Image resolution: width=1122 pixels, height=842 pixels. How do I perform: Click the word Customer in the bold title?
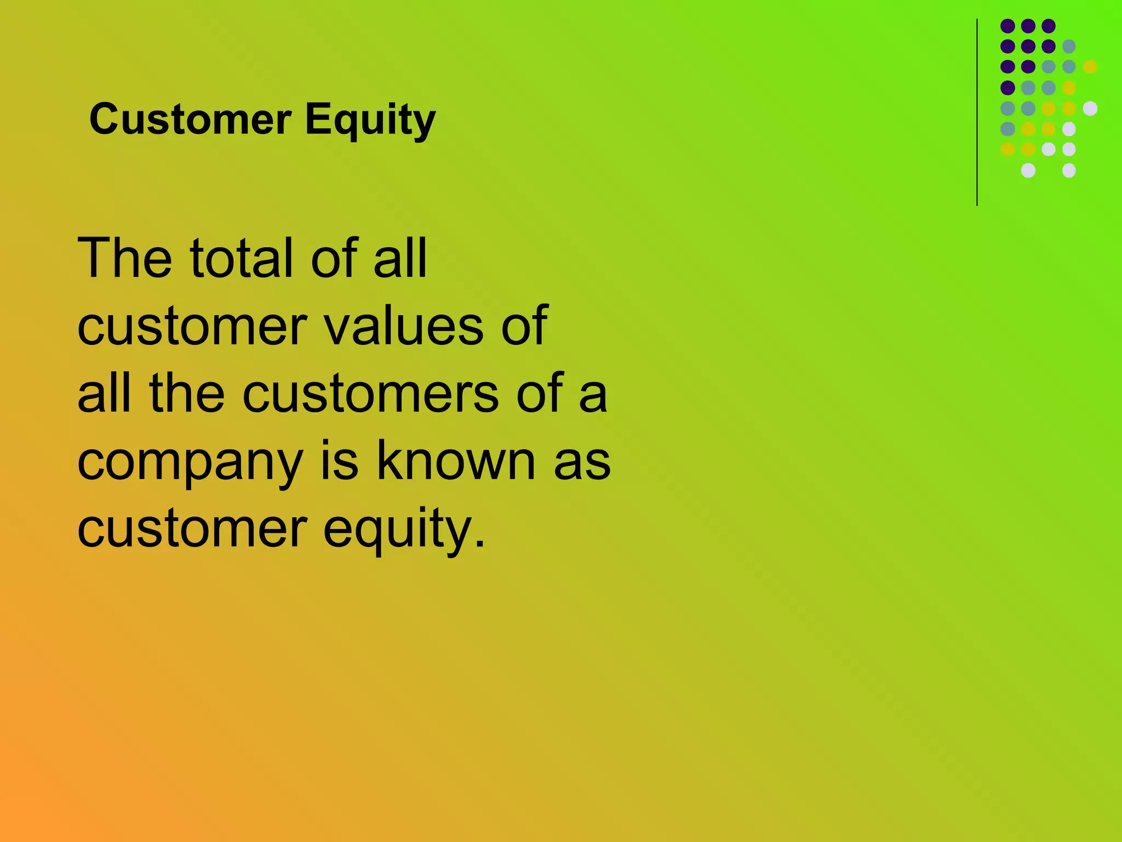(x=190, y=119)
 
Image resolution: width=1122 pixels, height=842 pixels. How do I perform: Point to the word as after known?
(x=582, y=462)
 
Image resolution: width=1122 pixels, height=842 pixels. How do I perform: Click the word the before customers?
(x=186, y=392)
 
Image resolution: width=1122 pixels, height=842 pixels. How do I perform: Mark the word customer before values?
(x=192, y=326)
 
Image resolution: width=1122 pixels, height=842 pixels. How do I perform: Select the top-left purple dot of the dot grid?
(x=1007, y=26)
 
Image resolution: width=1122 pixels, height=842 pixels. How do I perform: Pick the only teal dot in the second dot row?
(x=1069, y=46)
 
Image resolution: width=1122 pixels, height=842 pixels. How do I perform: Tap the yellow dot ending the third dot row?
(x=1090, y=66)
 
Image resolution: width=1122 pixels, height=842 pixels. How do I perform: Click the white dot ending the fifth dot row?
(x=1090, y=108)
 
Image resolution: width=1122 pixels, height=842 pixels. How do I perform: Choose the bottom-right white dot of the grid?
(x=1069, y=170)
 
